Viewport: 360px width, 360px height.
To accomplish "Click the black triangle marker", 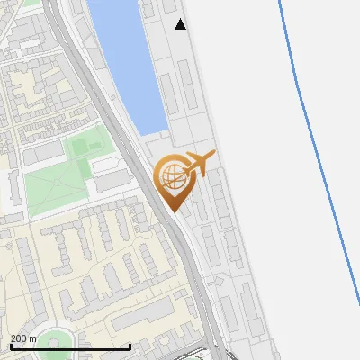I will (181, 24).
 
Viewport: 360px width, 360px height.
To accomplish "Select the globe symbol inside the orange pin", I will (171, 177).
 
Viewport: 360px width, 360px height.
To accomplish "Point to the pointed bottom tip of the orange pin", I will (173, 211).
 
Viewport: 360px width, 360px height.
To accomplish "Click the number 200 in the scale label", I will (18, 338).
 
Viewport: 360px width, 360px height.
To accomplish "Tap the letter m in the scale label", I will (33, 338).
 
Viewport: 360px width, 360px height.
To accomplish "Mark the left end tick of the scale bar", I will (10, 346).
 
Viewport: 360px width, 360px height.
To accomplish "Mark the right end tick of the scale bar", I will (130, 346).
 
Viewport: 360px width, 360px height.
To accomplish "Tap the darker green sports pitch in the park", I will (85, 144).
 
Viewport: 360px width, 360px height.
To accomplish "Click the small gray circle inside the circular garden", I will (51, 343).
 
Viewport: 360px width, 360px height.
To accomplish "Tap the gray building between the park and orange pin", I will (112, 179).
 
